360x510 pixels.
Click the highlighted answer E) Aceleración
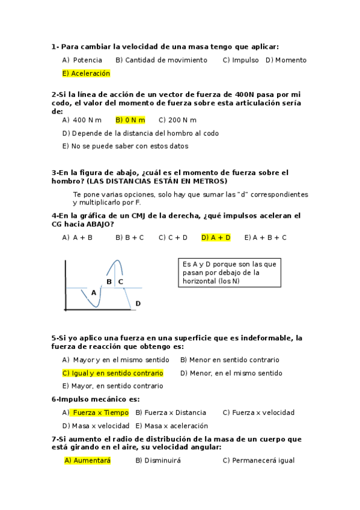86,73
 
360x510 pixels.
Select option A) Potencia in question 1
82,60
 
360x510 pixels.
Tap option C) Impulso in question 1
240,60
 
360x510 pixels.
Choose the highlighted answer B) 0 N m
130,120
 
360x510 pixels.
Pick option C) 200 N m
177,120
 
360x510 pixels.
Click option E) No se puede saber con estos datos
125,146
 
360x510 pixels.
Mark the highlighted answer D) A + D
216,238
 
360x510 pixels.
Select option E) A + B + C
265,238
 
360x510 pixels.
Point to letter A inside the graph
93,293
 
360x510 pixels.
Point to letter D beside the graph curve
138,304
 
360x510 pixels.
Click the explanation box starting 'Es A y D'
230,273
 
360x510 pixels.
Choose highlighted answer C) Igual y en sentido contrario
112,373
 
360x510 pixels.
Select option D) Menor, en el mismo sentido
231,373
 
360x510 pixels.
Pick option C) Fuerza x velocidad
258,413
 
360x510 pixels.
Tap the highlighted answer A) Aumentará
88,461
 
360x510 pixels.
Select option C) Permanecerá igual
258,461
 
